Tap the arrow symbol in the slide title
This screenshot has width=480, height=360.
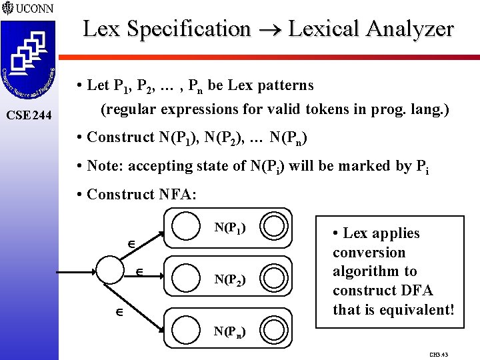point(269,30)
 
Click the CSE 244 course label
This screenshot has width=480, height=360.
point(29,115)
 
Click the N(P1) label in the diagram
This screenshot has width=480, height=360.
point(230,228)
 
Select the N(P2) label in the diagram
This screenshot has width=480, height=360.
point(230,279)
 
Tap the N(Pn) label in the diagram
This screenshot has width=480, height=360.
point(230,331)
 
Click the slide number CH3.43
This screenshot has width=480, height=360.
point(439,354)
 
